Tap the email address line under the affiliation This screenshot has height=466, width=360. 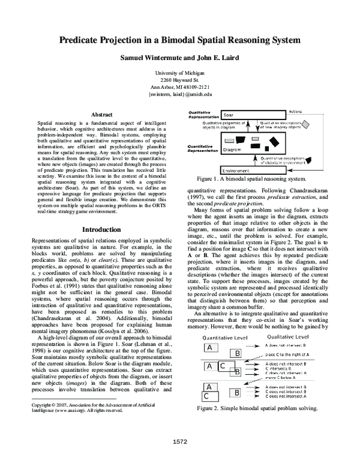180,95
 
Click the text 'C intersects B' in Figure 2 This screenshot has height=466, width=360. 283,369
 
